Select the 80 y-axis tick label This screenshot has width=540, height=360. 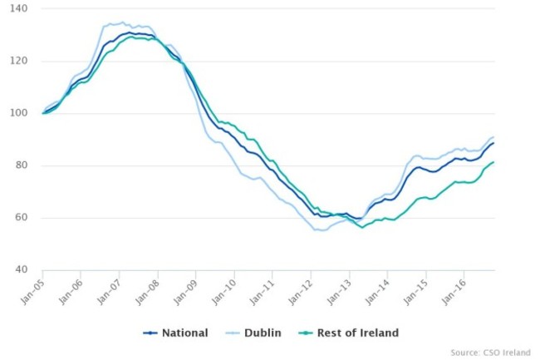pos(21,165)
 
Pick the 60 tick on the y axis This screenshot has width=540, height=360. pos(21,218)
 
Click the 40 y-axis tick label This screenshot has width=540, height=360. pos(21,270)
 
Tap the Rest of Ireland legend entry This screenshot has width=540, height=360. pos(352,333)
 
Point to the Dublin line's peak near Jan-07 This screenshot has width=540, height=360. pos(122,22)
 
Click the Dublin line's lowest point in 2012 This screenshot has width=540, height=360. pos(322,230)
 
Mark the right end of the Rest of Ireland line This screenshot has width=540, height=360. pos(493,162)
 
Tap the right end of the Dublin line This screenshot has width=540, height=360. pos(493,137)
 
